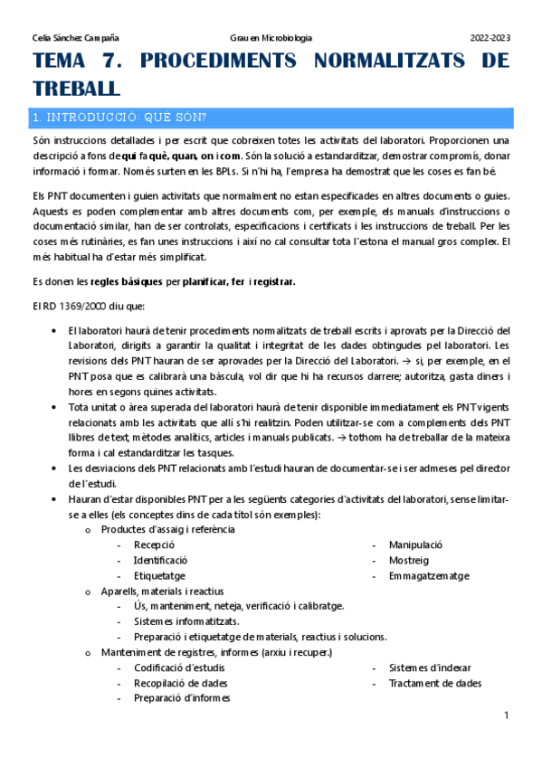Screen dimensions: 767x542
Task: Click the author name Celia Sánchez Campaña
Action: pyautogui.click(x=75, y=38)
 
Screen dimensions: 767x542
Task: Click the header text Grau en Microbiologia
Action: pyautogui.click(x=271, y=38)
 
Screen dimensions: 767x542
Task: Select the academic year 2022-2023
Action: pyautogui.click(x=490, y=38)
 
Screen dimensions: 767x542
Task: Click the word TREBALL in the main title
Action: pyautogui.click(x=76, y=88)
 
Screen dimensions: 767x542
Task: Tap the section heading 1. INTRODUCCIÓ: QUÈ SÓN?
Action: pyautogui.click(x=119, y=118)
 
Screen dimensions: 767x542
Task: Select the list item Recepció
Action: pyautogui.click(x=154, y=545)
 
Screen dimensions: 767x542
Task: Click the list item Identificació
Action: pyautogui.click(x=166, y=561)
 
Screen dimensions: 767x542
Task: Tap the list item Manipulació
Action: pyautogui.click(x=415, y=545)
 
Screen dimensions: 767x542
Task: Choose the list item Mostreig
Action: pyautogui.click(x=408, y=561)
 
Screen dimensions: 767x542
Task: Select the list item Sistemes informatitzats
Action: pyautogui.click(x=186, y=621)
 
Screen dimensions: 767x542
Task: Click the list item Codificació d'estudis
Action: pyautogui.click(x=180, y=668)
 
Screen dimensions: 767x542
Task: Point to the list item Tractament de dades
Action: pyautogui.click(x=435, y=683)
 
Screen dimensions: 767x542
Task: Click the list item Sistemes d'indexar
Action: pyautogui.click(x=430, y=668)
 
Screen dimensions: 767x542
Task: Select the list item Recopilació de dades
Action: pyautogui.click(x=181, y=683)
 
